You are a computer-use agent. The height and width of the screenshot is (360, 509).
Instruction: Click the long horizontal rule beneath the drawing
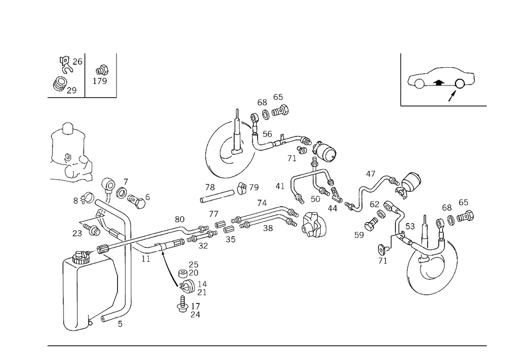(267, 345)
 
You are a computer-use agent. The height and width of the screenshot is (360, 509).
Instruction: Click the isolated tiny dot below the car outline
(400, 106)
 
